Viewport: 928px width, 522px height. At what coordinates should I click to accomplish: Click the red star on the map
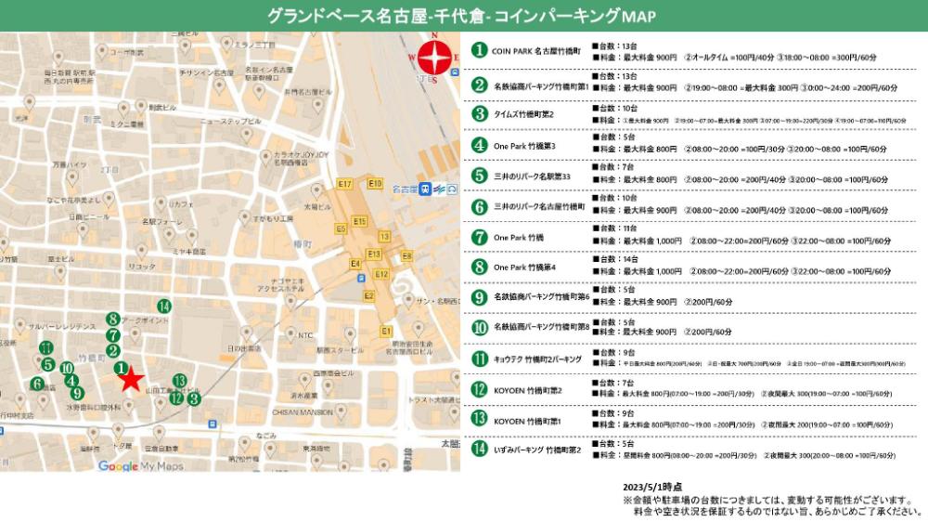tap(131, 377)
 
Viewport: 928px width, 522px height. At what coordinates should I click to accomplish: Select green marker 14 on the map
tap(163, 306)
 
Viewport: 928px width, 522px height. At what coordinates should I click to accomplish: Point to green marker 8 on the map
tap(112, 319)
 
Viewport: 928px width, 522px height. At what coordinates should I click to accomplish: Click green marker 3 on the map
tap(193, 398)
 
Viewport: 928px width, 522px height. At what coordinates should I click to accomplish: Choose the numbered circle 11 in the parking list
tap(480, 359)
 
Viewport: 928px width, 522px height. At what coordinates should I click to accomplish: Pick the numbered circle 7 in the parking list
tap(480, 237)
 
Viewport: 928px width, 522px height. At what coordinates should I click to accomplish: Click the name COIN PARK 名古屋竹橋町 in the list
tap(535, 51)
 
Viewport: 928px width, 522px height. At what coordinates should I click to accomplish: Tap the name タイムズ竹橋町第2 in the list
tap(524, 114)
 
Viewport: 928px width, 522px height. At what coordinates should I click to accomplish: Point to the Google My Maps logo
tap(140, 465)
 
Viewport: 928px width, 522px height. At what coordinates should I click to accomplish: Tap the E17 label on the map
tap(345, 185)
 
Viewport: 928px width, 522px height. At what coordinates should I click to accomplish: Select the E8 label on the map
tap(406, 255)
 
